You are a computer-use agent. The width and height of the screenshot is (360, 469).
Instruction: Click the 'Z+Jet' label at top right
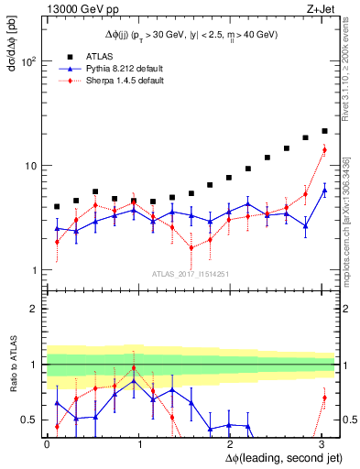(321, 8)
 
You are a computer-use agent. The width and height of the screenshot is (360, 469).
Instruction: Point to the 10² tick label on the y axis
(27, 61)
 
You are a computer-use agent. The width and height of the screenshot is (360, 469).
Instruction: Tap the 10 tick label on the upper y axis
(29, 166)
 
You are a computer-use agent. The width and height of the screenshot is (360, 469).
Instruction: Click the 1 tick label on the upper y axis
(32, 270)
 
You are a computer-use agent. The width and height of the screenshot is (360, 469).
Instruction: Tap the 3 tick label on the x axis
(326, 443)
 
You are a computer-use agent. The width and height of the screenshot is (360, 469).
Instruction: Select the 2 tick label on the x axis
(233, 443)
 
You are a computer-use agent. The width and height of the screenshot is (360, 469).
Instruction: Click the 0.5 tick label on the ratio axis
(27, 420)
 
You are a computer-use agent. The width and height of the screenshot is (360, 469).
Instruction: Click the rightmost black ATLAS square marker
(324, 131)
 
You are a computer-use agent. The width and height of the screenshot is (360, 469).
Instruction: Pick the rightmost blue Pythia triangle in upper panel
(324, 191)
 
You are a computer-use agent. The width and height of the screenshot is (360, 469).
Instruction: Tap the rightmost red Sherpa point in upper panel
(324, 150)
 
